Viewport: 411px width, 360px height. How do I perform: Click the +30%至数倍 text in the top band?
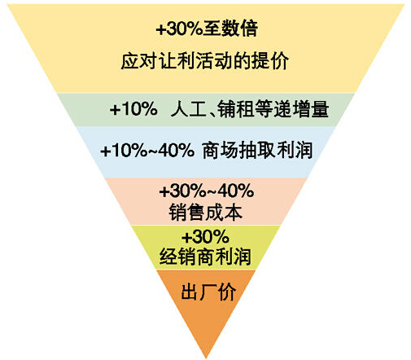(207, 29)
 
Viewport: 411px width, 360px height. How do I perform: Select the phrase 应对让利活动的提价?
(205, 61)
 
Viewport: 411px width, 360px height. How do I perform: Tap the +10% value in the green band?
(133, 109)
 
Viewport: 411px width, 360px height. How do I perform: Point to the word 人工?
(189, 109)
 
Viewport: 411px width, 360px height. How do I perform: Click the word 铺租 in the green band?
(236, 109)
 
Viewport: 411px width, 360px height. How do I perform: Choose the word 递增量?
(301, 109)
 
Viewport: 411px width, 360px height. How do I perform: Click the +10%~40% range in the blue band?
(147, 151)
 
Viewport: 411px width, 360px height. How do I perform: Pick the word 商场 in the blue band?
(221, 151)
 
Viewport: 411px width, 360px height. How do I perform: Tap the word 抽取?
(257, 151)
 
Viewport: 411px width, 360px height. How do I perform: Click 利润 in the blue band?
(294, 151)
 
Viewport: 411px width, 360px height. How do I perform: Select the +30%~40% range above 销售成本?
(207, 191)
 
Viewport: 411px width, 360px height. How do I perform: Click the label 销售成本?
(205, 212)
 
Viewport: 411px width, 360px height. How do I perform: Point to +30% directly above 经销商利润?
(205, 236)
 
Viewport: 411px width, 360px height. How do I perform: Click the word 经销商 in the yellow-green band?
(187, 257)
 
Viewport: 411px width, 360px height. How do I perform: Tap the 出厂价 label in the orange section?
(208, 292)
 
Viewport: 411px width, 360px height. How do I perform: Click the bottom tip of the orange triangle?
(206, 358)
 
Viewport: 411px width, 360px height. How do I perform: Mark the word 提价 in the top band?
(270, 61)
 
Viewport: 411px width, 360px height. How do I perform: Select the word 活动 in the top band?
(214, 61)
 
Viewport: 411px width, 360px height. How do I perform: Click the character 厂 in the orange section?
(208, 292)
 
